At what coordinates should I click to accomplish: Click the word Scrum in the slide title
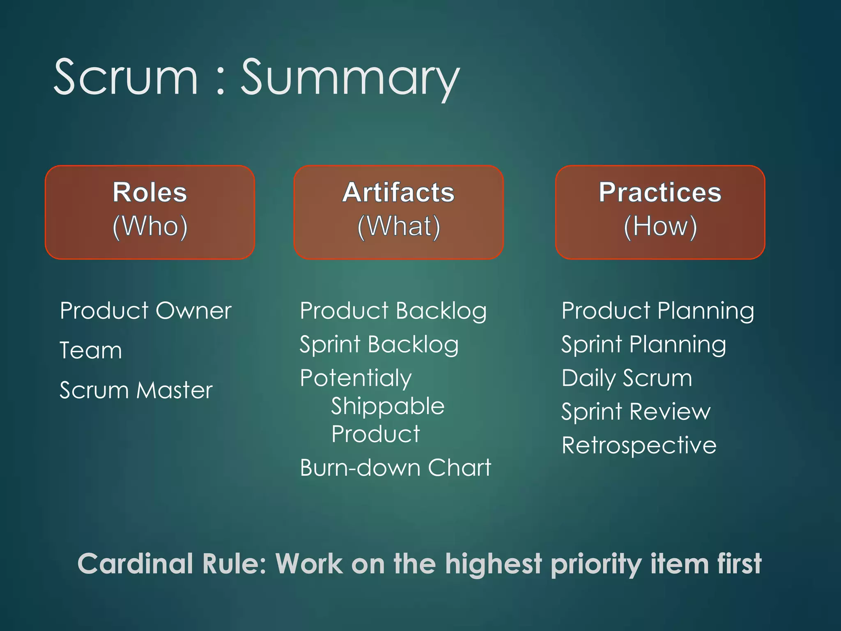(126, 77)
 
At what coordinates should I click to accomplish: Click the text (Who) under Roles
(150, 226)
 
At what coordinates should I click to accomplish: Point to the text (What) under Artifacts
(398, 226)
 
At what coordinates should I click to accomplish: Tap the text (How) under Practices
(660, 226)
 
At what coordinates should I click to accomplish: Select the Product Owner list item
(146, 311)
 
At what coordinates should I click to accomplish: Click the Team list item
(91, 350)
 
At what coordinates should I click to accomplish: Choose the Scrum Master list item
(136, 390)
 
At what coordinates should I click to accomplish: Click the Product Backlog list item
(393, 311)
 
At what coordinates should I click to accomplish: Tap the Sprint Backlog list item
(379, 344)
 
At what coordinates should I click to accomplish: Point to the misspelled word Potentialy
(356, 378)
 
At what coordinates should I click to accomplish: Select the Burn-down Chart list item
(395, 467)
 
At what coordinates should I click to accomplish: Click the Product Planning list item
(657, 311)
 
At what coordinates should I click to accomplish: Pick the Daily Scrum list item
(627, 378)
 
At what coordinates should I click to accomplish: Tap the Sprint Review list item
(636, 412)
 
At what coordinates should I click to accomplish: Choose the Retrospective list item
(639, 445)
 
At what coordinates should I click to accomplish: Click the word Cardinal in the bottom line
(135, 564)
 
